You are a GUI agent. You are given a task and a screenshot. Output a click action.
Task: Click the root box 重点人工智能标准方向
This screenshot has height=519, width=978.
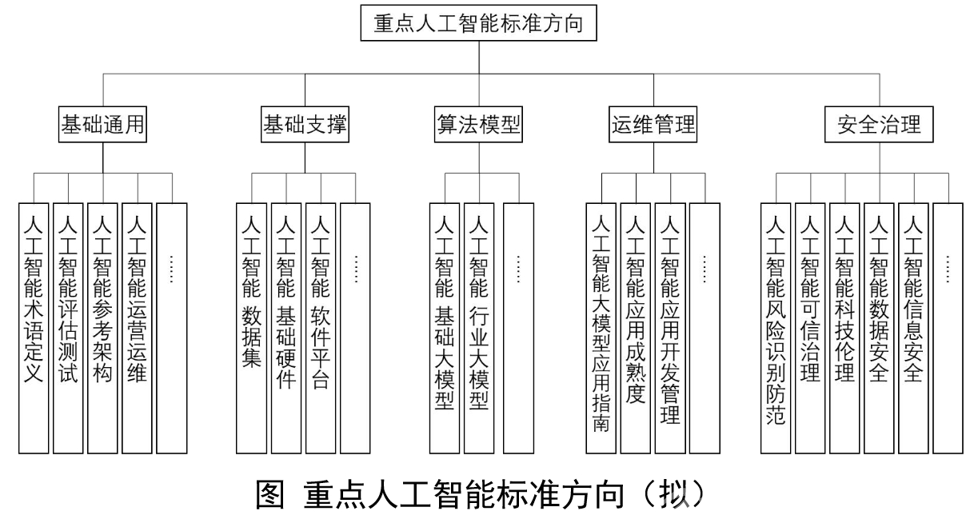(478, 24)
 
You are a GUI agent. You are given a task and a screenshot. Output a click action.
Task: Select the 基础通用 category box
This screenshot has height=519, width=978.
(102, 125)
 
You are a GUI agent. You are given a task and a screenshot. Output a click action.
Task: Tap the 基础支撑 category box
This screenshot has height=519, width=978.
(305, 125)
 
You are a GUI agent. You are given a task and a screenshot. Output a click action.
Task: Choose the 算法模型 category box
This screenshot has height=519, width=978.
(478, 125)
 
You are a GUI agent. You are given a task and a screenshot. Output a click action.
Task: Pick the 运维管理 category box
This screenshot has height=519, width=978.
(653, 125)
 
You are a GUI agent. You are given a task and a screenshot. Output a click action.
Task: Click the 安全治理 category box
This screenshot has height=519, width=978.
(879, 125)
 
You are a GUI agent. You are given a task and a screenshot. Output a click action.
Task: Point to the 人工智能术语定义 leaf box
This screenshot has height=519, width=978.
(34, 327)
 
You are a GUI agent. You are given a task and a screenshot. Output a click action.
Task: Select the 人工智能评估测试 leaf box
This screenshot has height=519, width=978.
(68, 327)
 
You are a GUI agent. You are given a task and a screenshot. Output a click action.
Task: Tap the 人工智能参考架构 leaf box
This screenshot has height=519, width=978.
(102, 327)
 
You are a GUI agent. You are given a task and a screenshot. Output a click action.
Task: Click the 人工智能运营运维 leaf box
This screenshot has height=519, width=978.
(137, 327)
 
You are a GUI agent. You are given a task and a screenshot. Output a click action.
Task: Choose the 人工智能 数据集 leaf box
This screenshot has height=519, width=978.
(251, 327)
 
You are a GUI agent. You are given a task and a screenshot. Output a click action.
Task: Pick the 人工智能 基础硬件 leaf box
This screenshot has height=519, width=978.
(285, 327)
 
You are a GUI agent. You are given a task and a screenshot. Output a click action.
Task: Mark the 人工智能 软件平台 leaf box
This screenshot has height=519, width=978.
(320, 327)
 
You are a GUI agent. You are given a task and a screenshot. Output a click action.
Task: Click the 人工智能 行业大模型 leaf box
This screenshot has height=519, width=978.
(479, 327)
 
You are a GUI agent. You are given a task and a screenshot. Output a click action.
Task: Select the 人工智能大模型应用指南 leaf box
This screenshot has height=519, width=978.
(602, 327)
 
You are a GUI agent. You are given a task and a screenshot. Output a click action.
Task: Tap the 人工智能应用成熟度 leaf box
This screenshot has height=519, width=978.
(637, 327)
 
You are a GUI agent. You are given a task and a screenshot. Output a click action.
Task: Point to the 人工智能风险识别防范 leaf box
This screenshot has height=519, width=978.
(775, 327)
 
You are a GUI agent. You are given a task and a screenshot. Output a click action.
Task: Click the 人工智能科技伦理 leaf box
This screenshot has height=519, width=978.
(844, 327)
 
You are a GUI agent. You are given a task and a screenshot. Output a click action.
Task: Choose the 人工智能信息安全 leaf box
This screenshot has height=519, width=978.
(913, 327)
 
